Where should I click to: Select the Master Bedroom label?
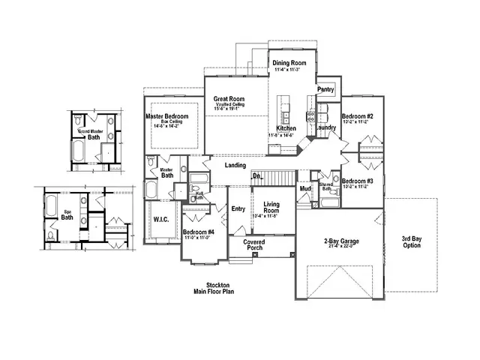click(x=166, y=117)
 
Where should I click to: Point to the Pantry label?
click(x=325, y=89)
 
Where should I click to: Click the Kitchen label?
click(x=286, y=129)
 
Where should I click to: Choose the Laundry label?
click(x=325, y=127)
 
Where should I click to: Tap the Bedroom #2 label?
click(x=357, y=116)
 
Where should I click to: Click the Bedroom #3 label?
click(x=357, y=181)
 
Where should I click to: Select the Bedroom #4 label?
click(x=199, y=232)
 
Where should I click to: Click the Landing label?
click(x=235, y=165)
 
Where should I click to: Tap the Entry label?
click(x=238, y=209)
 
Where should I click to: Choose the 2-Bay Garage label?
click(x=340, y=241)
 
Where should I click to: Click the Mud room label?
click(x=305, y=189)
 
